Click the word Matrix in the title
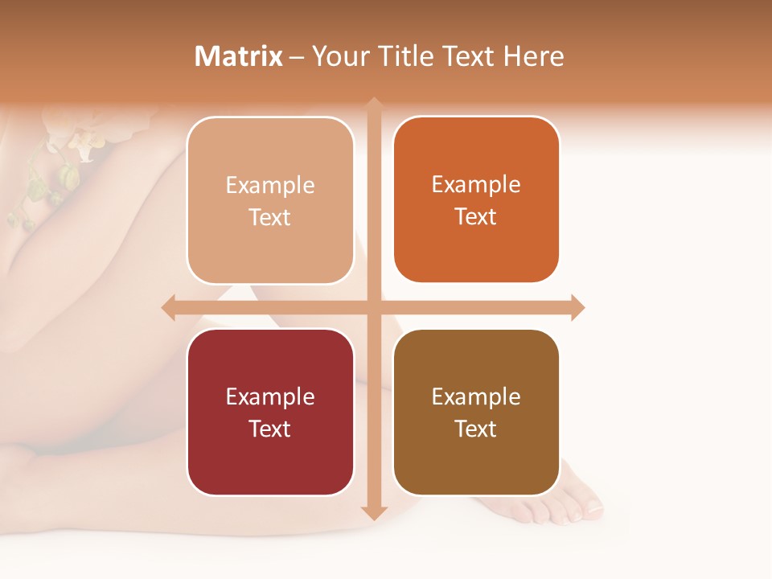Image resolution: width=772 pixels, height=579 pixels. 239,56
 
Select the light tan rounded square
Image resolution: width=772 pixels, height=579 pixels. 270,200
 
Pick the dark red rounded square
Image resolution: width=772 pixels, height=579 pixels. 270,412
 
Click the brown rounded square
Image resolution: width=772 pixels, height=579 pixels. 476,412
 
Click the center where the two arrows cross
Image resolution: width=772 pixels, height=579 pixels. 374,307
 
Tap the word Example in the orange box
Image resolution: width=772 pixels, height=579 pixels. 476,184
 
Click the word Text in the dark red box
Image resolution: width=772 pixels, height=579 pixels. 270,429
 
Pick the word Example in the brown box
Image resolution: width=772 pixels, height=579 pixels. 476,396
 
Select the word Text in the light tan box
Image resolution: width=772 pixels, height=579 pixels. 270,217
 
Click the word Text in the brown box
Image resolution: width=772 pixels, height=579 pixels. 476,429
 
